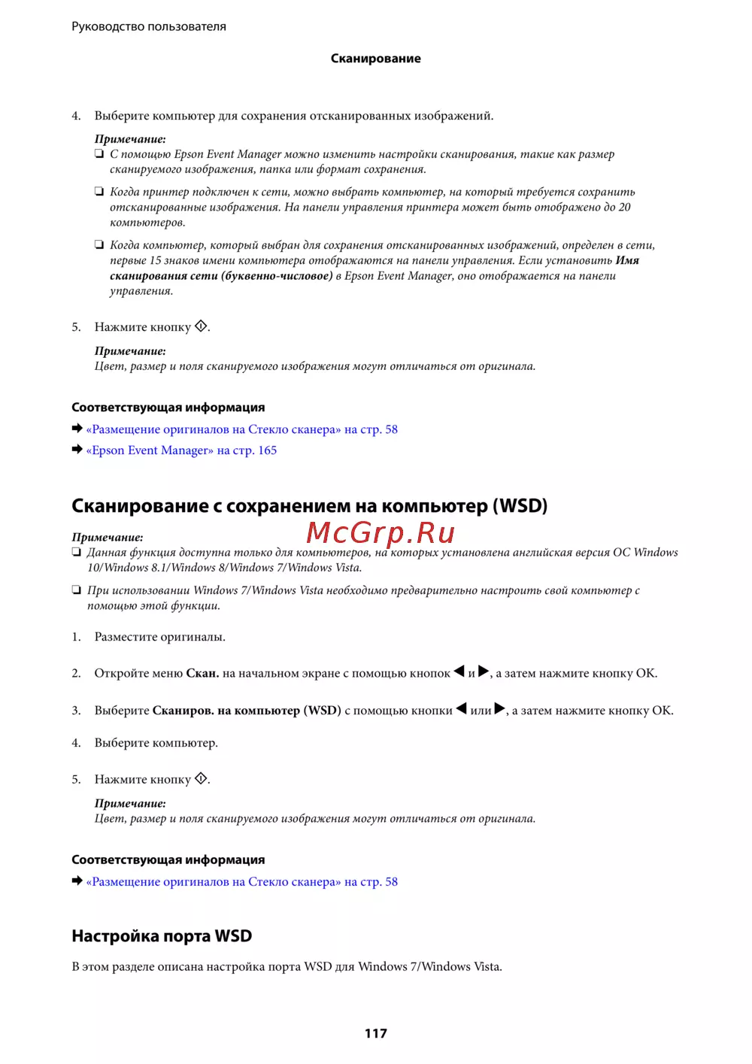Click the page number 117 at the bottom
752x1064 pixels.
375,1033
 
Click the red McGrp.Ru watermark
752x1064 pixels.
381,532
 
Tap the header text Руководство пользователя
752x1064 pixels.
149,26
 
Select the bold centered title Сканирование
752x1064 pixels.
375,59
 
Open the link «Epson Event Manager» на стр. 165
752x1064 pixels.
181,450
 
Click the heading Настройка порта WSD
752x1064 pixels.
162,936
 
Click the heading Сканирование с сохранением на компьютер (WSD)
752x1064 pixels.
309,506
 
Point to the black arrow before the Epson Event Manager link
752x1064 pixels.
77,450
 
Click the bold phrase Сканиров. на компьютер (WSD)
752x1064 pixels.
247,711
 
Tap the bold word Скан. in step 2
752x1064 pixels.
202,674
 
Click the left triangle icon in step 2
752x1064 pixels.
459,671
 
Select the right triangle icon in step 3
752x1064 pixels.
500,709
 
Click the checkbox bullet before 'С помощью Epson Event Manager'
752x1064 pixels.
99,153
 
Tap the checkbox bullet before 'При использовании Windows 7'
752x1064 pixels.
77,590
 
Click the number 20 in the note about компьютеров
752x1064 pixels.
624,208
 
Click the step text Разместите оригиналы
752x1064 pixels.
159,637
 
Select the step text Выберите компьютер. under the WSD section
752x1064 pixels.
156,743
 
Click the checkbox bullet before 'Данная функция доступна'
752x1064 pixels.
77,552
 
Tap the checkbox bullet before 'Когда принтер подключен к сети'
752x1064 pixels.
99,191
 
